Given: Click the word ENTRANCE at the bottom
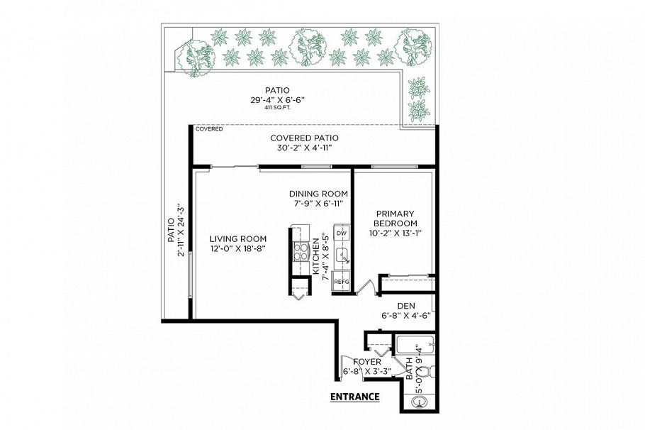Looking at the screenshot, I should click(x=354, y=397).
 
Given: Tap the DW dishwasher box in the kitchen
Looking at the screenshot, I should click(x=342, y=233).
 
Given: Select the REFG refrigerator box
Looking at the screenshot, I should click(x=341, y=282).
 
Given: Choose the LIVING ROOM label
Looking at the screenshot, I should click(x=237, y=238).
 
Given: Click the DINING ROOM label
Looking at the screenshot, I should click(x=318, y=194).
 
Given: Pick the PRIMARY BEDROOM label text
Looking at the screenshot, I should click(x=395, y=219).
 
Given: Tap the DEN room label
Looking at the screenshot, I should click(x=405, y=306).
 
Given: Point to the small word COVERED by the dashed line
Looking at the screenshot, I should click(x=209, y=129).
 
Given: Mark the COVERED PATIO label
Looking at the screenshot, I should click(x=304, y=138).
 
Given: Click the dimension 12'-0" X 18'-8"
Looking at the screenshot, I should click(x=237, y=249).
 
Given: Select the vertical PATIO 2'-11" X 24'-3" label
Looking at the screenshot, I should click(x=176, y=231).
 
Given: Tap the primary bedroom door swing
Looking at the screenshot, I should click(x=366, y=287).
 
